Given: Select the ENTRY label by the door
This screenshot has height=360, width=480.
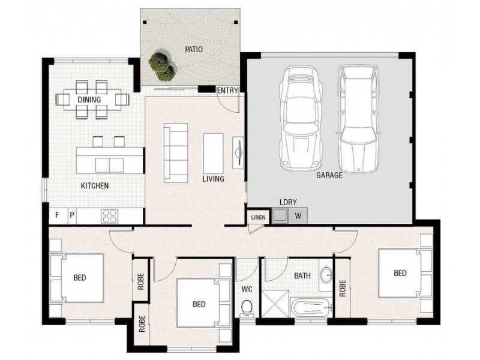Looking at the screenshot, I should pos(228,91).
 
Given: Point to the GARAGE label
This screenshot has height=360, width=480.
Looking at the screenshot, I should pos(329,176).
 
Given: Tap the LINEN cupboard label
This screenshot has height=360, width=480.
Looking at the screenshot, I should pos(258,217).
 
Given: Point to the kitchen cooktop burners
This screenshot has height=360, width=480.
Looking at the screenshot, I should pos(110,215).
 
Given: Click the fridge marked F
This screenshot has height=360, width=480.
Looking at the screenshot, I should pos(58,215).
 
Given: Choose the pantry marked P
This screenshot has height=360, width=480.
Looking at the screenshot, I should pos(72,215).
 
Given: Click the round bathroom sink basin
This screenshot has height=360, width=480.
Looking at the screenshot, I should pos(326,275).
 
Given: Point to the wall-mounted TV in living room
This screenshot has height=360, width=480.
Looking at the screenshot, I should pos(238,150).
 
